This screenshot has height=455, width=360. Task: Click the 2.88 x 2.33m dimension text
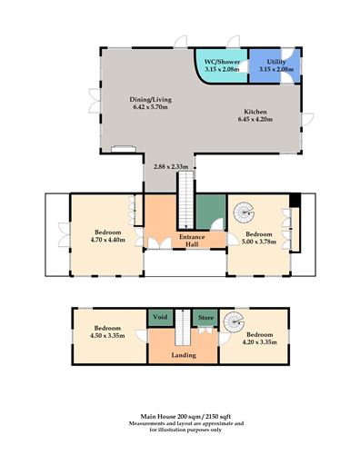(x=172, y=166)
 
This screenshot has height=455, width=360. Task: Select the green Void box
(x=160, y=318)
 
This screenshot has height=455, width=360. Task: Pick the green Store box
(x=205, y=318)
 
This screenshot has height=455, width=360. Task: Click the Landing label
(x=183, y=355)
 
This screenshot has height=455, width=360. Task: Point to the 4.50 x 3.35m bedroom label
(x=106, y=332)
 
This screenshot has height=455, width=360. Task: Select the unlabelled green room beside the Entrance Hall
(x=210, y=213)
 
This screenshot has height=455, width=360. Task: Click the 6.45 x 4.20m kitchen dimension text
(x=257, y=119)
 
